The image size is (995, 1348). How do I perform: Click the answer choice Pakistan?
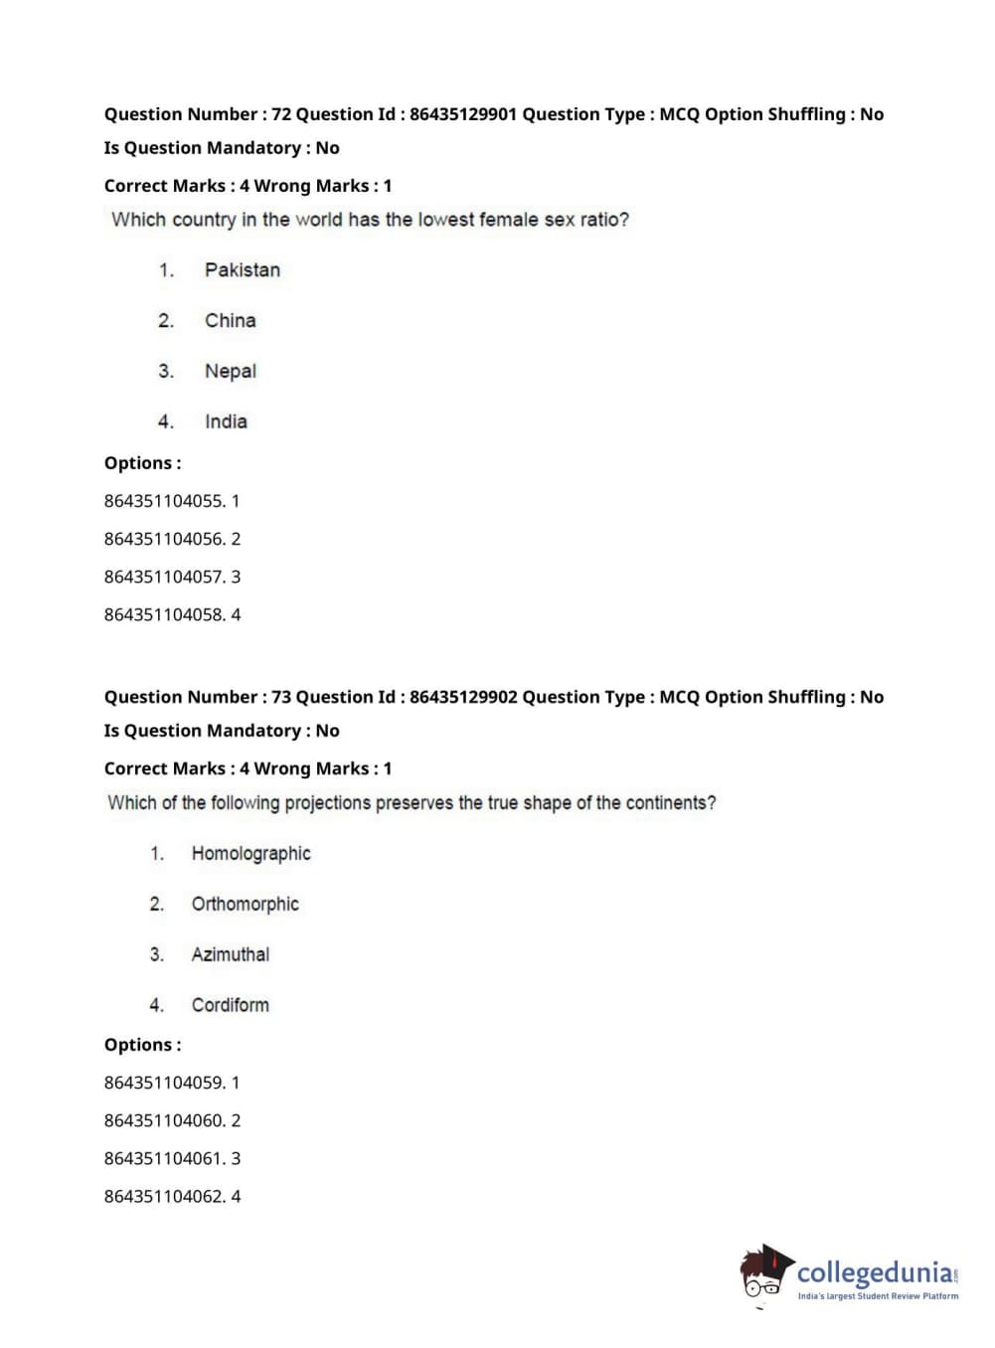point(242,270)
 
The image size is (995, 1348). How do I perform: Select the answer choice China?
point(230,321)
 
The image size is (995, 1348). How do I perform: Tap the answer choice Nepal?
point(230,372)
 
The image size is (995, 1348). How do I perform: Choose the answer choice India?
point(226,422)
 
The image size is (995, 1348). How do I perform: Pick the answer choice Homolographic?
point(250,854)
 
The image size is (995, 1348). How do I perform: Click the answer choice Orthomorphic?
point(245,905)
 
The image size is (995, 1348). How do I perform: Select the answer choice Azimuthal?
point(230,955)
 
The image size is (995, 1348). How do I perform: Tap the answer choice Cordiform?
point(230,1006)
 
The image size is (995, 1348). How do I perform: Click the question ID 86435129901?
point(463,114)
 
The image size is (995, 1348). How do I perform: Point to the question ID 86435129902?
point(463,697)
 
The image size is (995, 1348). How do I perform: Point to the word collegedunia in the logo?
point(875,1272)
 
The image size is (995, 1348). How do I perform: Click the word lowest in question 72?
point(445,220)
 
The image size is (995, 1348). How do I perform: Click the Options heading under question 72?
point(142,463)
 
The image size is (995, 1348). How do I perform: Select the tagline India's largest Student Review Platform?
point(878,1296)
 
